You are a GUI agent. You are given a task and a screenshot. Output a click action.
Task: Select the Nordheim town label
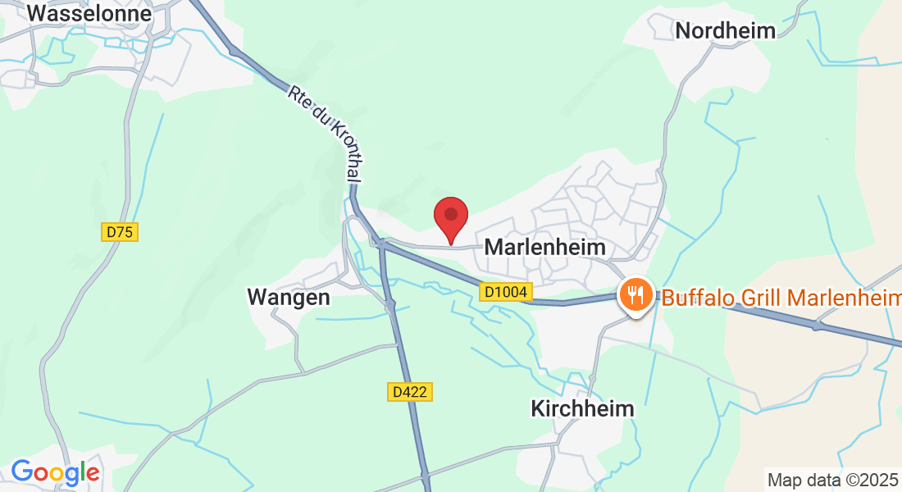coord(725,31)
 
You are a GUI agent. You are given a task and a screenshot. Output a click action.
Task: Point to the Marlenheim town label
coord(545,247)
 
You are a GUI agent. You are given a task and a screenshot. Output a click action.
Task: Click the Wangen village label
coord(289,297)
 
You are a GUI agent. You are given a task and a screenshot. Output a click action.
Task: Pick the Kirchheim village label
coord(582,408)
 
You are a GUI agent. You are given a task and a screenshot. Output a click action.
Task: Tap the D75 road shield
coord(120,232)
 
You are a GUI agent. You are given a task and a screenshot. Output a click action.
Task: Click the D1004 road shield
coord(506,291)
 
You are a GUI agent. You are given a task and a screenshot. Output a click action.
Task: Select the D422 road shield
coord(409,392)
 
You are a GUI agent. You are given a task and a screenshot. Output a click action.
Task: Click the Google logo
coord(55,472)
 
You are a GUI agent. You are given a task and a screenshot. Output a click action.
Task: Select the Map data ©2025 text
coord(831,479)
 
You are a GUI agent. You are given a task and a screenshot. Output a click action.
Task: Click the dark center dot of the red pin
coord(450,214)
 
